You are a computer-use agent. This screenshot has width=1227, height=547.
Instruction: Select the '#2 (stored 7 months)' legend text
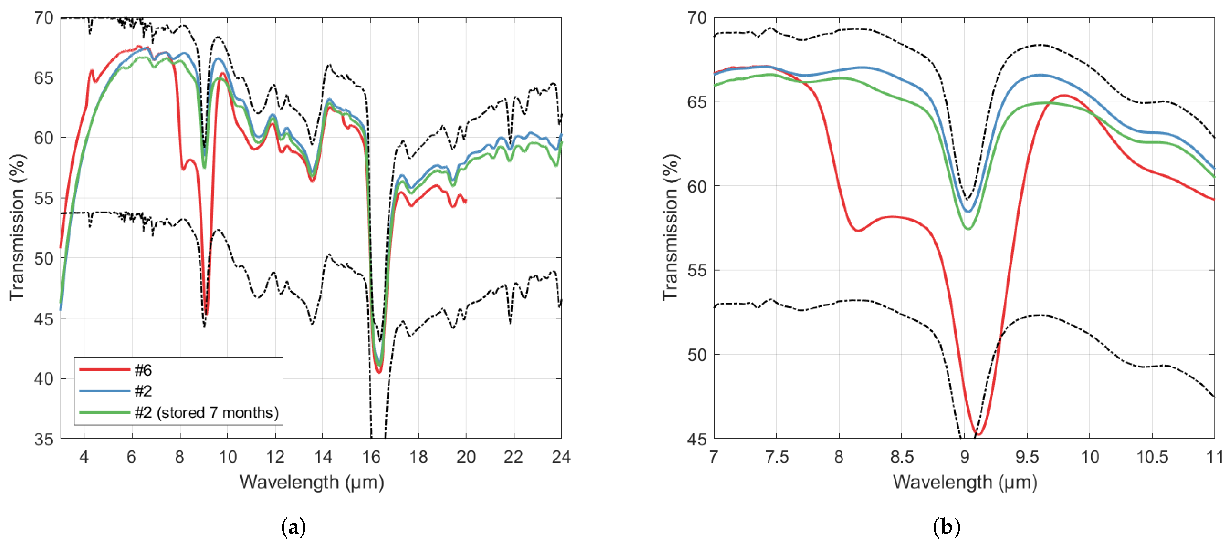click(206, 412)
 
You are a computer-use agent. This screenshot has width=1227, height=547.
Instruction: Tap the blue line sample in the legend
click(104, 391)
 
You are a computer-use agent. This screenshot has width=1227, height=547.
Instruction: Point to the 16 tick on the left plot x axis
click(371, 457)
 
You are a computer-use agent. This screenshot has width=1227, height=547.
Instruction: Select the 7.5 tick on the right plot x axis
click(776, 457)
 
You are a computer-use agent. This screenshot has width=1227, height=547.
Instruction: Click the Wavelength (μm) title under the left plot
click(312, 482)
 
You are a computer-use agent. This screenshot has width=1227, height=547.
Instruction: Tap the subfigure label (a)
click(293, 528)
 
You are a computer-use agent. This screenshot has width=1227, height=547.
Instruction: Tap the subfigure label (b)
click(947, 528)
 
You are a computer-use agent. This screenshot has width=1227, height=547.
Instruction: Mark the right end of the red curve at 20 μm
click(466, 201)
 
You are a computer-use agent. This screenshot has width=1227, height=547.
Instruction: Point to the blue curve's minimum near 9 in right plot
click(968, 211)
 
